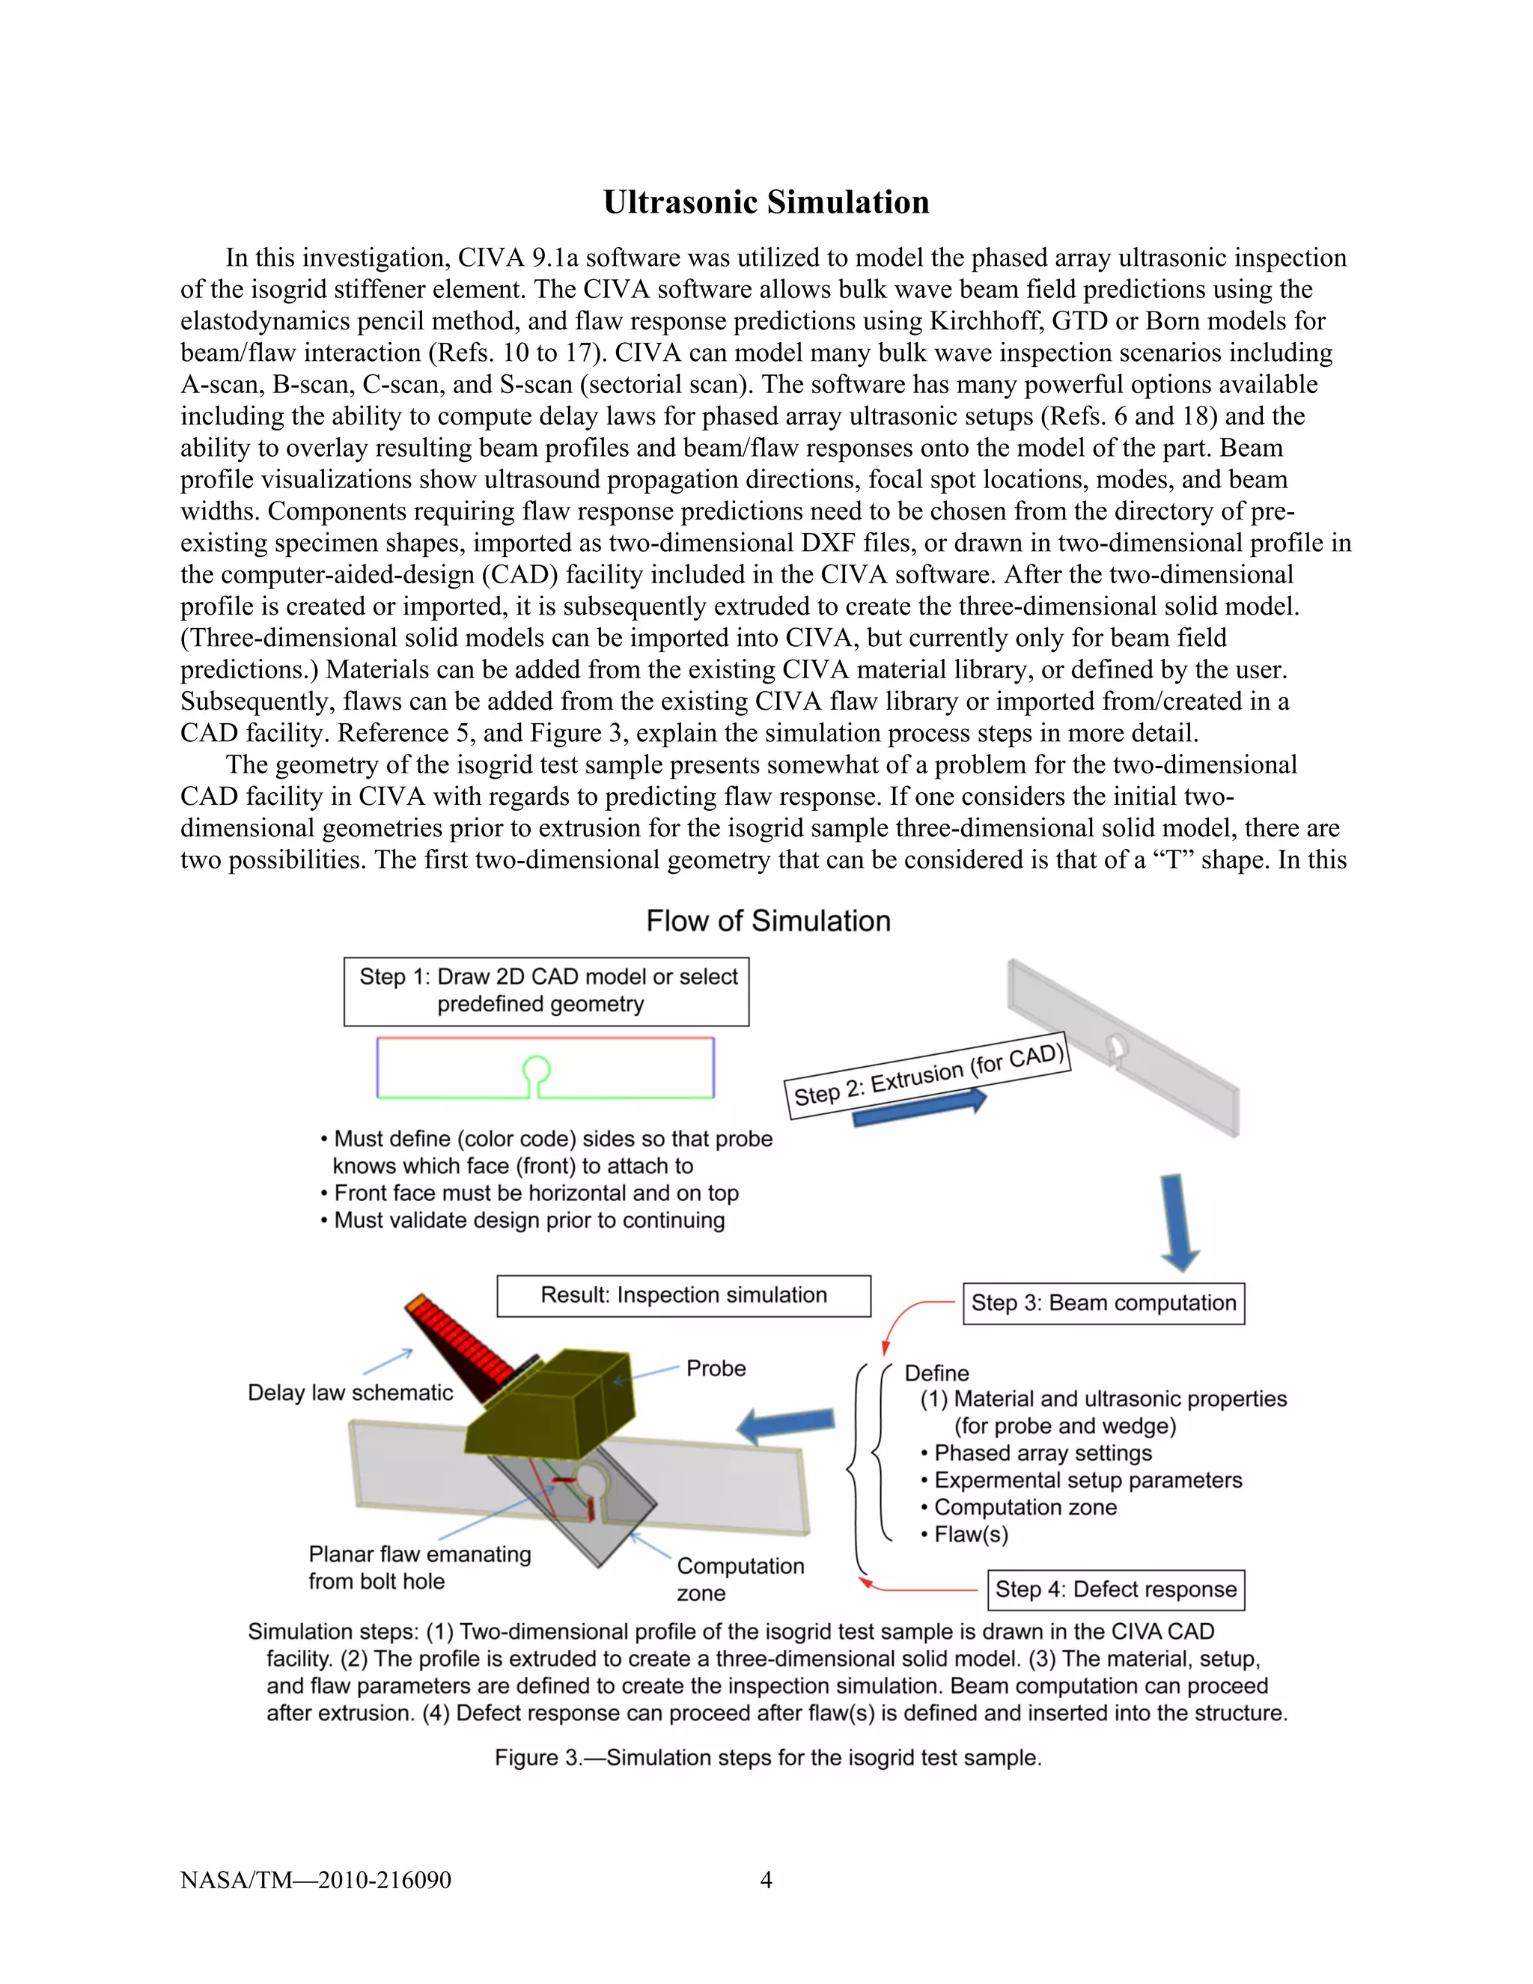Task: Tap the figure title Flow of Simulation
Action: coord(767,921)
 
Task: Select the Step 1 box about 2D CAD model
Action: coord(546,991)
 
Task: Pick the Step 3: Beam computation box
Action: coord(1103,1303)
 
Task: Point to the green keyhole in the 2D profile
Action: coord(537,1072)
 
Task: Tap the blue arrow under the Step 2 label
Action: coord(919,1110)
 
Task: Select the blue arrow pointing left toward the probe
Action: coord(787,1425)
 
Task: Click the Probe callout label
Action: coord(716,1369)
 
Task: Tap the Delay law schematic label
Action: coord(350,1393)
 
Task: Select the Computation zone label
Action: coord(740,1579)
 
